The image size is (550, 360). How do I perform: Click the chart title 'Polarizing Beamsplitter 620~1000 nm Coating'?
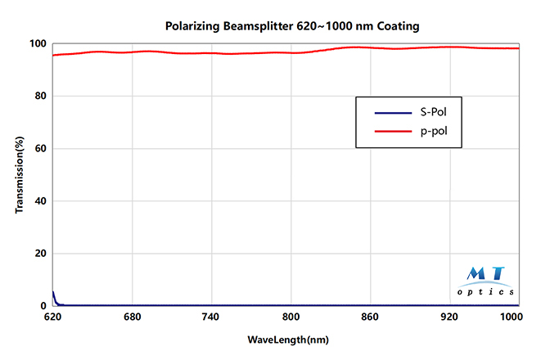click(293, 26)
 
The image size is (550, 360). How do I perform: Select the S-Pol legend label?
click(432, 112)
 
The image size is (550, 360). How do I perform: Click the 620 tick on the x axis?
click(52, 316)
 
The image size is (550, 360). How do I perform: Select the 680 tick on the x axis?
click(132, 316)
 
